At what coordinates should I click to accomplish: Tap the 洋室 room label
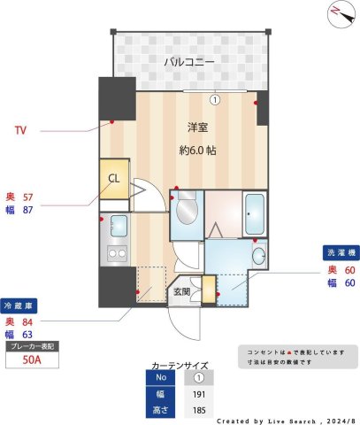coord(197,127)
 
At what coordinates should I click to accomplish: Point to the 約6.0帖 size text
coord(197,150)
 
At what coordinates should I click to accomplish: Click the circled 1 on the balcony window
coord(214,99)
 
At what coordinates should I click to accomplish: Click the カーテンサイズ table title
coord(180,363)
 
